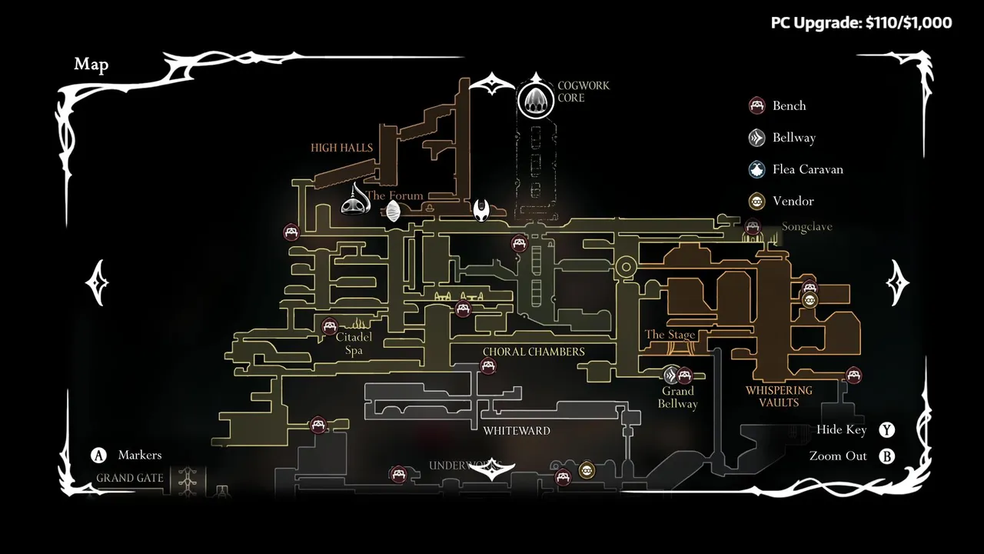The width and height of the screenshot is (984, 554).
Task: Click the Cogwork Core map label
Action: (x=583, y=92)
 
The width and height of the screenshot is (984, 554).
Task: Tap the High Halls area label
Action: (x=341, y=148)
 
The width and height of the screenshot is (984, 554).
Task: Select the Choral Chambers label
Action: (x=534, y=352)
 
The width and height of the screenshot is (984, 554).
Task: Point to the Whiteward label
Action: (x=517, y=431)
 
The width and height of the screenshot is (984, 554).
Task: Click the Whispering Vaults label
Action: (x=779, y=396)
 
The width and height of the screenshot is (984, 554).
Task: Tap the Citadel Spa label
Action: (x=354, y=344)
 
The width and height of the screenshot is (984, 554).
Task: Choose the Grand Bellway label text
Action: (x=678, y=397)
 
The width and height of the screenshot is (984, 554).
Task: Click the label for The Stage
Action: (x=670, y=335)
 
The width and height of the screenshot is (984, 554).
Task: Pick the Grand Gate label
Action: (x=130, y=478)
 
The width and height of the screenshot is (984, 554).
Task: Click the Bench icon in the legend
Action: (x=757, y=105)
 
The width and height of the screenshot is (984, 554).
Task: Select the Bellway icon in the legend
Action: (x=757, y=138)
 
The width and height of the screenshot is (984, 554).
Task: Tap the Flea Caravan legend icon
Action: (x=757, y=169)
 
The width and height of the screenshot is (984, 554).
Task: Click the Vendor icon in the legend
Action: (x=757, y=202)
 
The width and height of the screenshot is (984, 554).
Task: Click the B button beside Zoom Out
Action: (x=887, y=456)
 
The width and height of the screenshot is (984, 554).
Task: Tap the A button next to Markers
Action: (x=98, y=456)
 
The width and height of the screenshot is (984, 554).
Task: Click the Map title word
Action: (x=91, y=65)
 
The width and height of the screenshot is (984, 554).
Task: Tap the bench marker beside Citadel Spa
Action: (x=330, y=326)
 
